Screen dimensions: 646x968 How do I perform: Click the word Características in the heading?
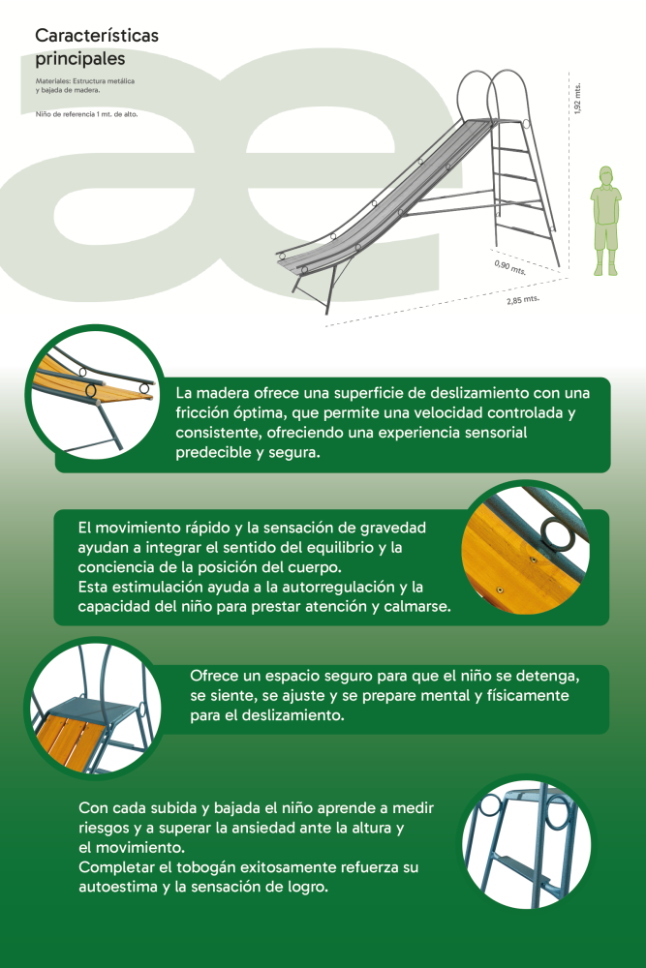point(96,36)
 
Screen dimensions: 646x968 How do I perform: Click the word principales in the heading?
point(79,59)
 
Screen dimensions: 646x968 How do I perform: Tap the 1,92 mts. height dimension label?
point(577,99)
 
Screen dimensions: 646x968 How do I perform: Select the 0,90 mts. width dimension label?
point(510,267)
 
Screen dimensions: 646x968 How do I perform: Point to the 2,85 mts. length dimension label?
point(523,300)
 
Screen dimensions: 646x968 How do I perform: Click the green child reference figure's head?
point(607,174)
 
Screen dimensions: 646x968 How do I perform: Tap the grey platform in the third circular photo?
point(93,709)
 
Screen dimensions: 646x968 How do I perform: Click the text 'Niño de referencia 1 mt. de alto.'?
point(86,114)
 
